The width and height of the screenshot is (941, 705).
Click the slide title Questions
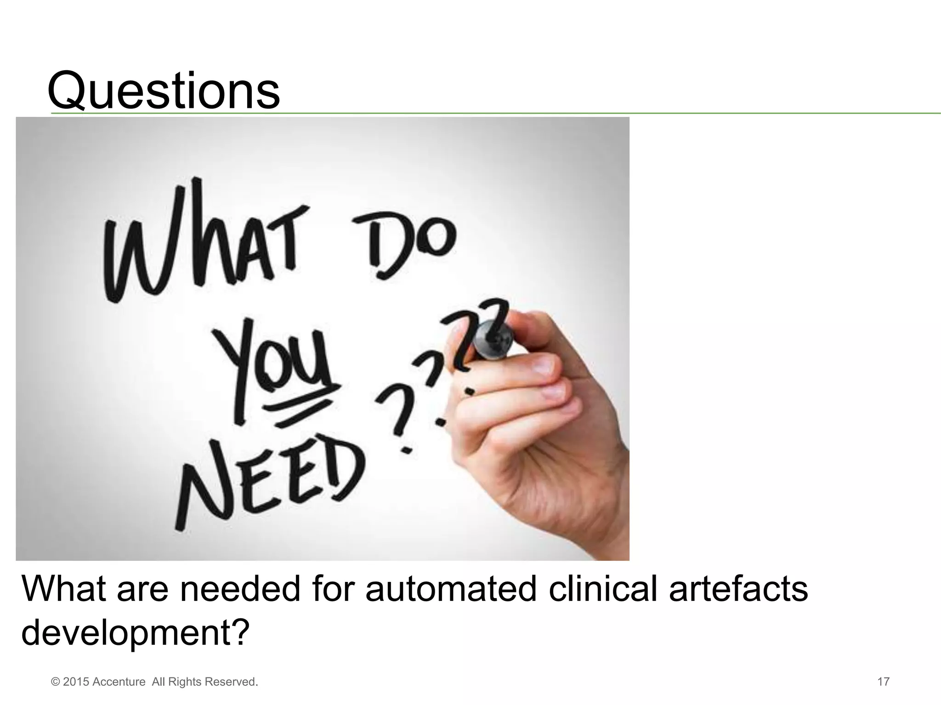[x=164, y=90]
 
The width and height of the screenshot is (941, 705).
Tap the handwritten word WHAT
[x=200, y=243]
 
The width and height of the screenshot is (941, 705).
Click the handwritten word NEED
[x=271, y=477]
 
